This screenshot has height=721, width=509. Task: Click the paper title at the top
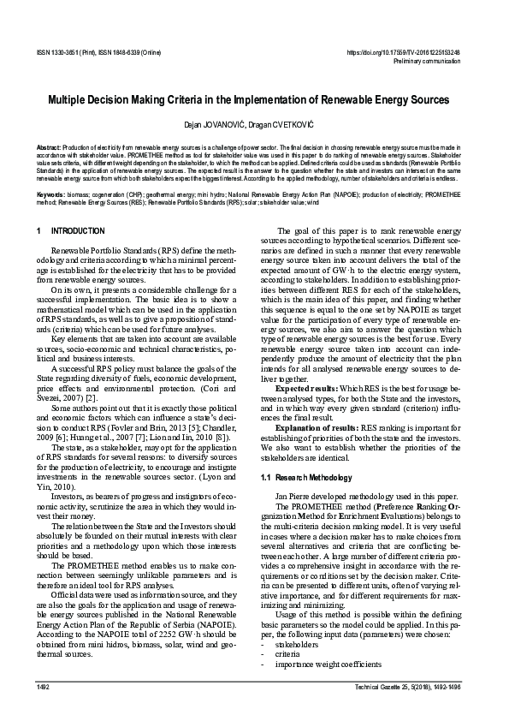(254, 100)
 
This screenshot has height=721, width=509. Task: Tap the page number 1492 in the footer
(44, 688)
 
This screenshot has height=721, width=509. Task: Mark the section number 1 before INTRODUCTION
(39, 232)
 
